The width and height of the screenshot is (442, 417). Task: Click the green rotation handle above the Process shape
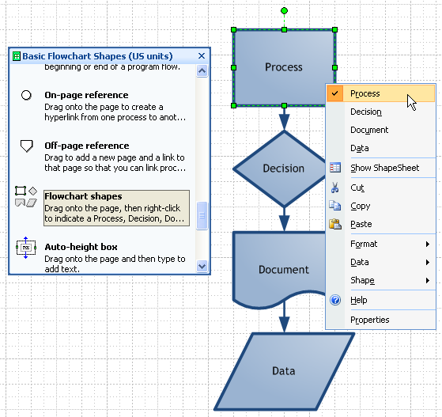pos(284,11)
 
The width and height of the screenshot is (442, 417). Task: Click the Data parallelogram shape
pos(283,370)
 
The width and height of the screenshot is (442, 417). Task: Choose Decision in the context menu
pos(365,112)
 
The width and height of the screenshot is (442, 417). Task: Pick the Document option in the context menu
pos(369,130)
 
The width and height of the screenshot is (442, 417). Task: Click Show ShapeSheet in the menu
pos(384,168)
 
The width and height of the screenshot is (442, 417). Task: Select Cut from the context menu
pos(357,188)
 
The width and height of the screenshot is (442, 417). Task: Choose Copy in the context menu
pos(360,206)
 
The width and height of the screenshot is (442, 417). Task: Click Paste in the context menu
pos(361,224)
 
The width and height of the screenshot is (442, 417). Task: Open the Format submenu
pos(364,244)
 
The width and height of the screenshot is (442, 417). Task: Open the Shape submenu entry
pos(362,280)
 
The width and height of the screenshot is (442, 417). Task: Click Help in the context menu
pos(358,301)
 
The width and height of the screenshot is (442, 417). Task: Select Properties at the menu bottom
pos(370,320)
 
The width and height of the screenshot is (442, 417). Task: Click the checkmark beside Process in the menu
pos(336,93)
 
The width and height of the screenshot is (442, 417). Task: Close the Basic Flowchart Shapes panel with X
pos(202,56)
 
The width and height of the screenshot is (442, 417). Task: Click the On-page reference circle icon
pos(26,95)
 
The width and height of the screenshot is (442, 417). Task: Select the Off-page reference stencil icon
pos(26,146)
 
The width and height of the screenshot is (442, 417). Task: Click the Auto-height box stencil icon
pos(26,248)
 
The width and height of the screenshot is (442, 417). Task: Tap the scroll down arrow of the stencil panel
pos(202,267)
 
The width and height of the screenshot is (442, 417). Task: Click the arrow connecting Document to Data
pos(284,318)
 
